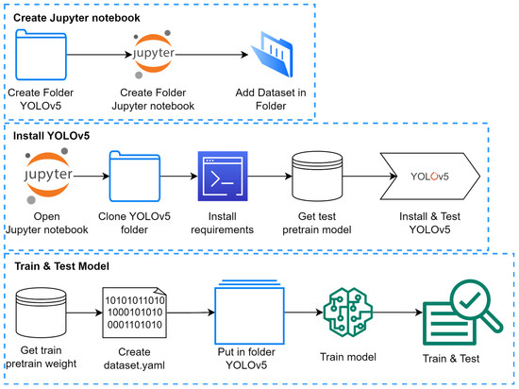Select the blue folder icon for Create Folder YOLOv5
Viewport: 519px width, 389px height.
(43, 56)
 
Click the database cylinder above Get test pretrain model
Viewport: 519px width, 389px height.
(319, 177)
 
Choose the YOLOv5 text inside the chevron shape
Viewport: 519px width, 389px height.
(432, 176)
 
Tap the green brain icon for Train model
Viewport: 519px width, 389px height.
(349, 312)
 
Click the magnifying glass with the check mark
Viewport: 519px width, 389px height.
(470, 304)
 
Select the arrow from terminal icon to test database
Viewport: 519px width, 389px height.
(269, 177)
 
